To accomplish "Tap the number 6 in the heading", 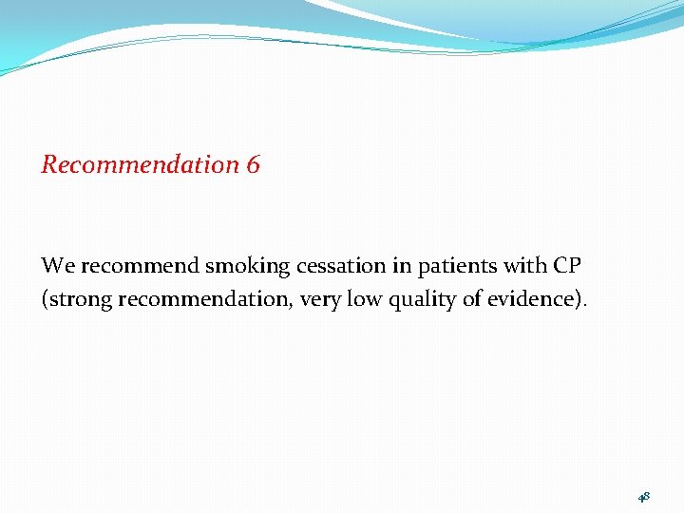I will pos(253,164).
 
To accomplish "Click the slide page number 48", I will pos(643,496).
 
